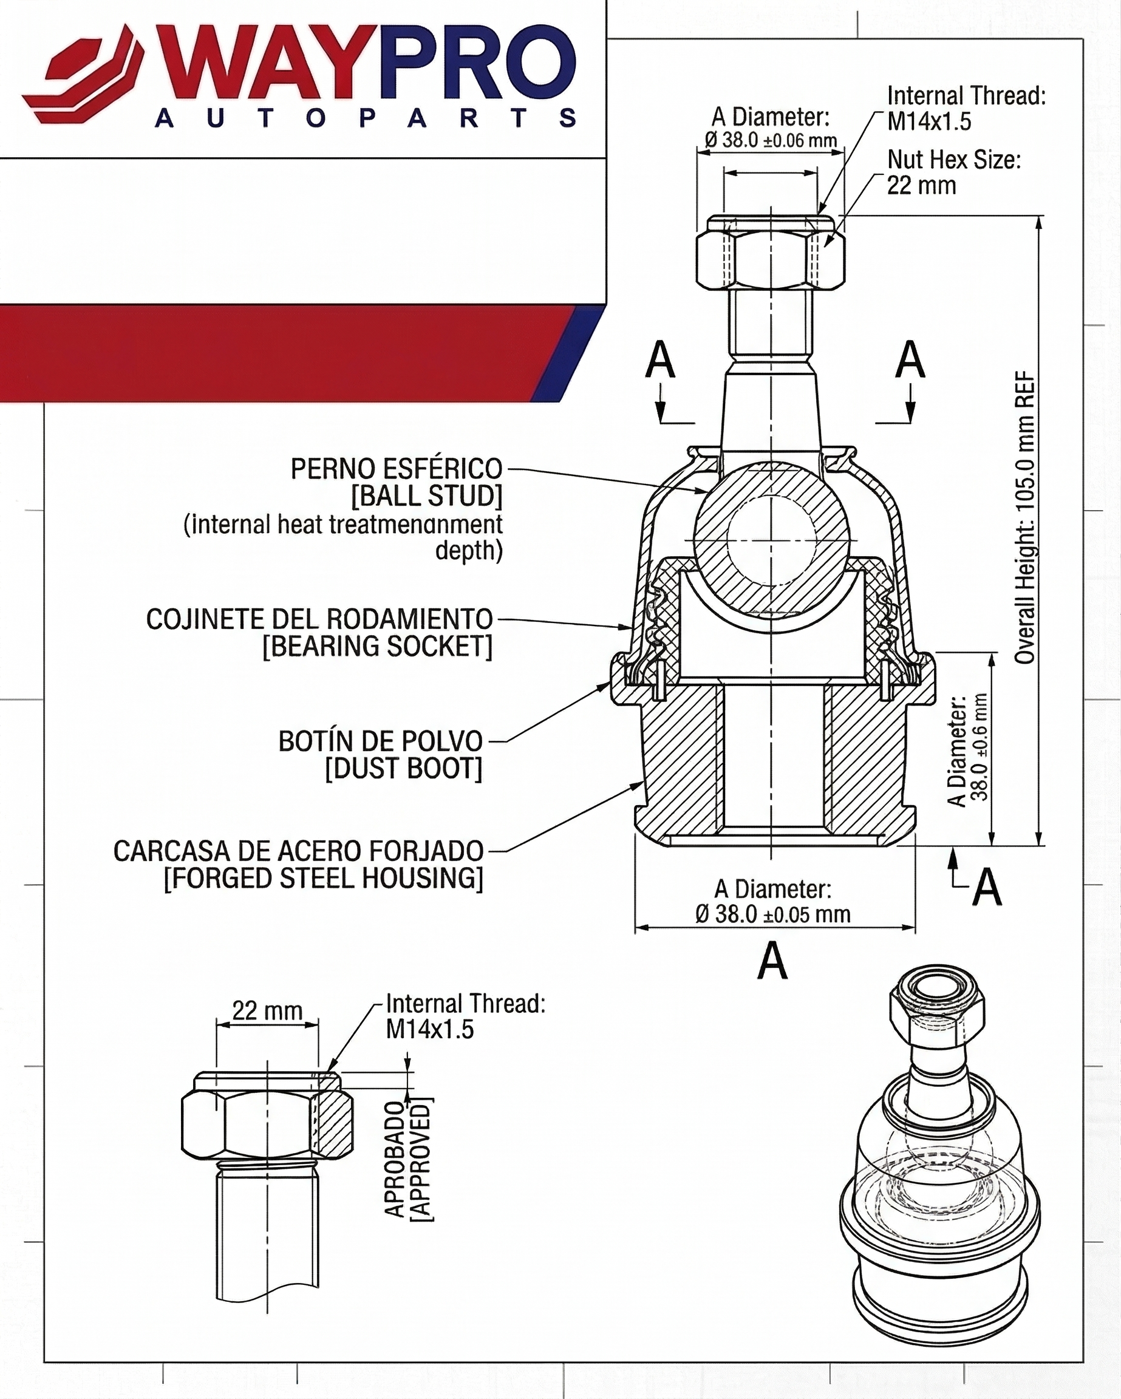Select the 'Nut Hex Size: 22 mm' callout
tap(953, 172)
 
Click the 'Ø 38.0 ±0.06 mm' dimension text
tap(771, 140)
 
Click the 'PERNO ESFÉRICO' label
tap(396, 469)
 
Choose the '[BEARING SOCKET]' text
tap(377, 646)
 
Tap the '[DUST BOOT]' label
tap(403, 769)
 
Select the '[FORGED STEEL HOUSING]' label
tap(323, 879)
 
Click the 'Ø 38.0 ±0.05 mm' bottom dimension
tap(772, 914)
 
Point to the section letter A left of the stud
tap(660, 360)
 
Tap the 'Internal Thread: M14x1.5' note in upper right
tap(966, 108)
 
